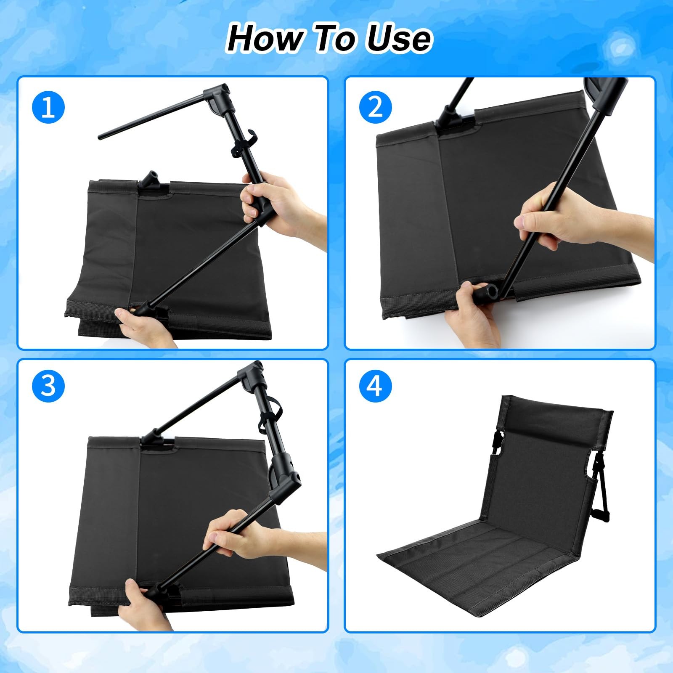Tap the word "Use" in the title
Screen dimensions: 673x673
(x=399, y=39)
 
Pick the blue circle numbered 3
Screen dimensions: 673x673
(x=48, y=385)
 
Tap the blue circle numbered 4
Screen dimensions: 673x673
(x=375, y=385)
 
